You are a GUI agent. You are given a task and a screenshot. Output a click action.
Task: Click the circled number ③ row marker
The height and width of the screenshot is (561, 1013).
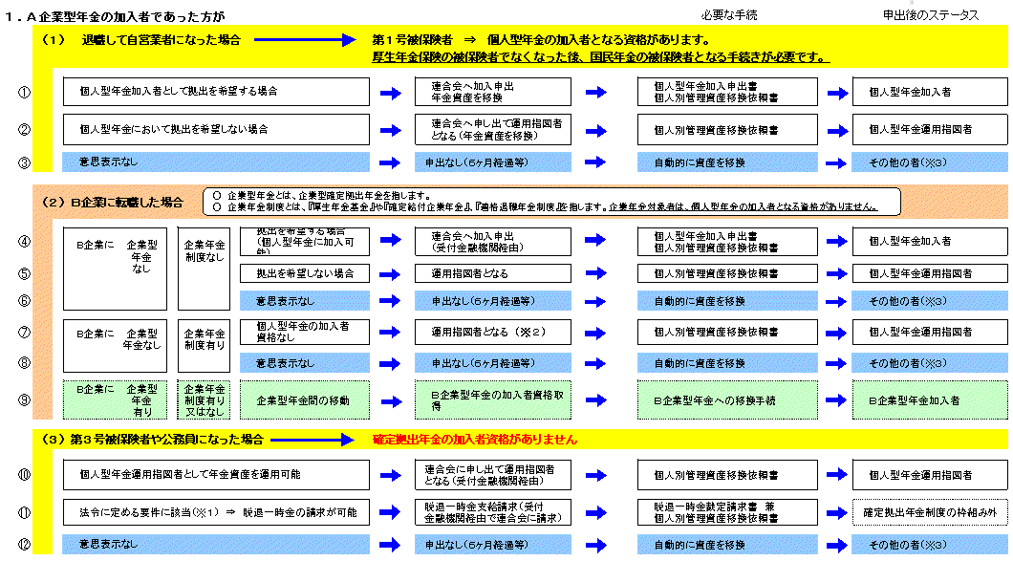coord(25,162)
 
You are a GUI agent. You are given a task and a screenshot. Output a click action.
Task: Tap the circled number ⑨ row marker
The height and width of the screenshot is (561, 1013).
coord(25,399)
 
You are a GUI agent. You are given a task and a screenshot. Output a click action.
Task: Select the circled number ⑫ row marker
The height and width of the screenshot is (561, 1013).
coord(25,545)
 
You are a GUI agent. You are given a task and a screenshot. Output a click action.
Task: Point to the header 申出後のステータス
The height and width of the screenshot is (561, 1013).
coord(931,15)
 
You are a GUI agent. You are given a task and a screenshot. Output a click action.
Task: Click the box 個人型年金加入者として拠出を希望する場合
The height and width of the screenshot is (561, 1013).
coord(216,92)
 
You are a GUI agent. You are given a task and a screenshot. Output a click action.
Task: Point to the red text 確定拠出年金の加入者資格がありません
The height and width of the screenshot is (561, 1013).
coord(475,440)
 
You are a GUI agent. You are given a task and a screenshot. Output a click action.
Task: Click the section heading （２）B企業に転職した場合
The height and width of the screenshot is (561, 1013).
coord(112,203)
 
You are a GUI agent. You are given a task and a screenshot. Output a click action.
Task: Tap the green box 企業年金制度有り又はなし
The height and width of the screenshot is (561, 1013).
coord(203,399)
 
